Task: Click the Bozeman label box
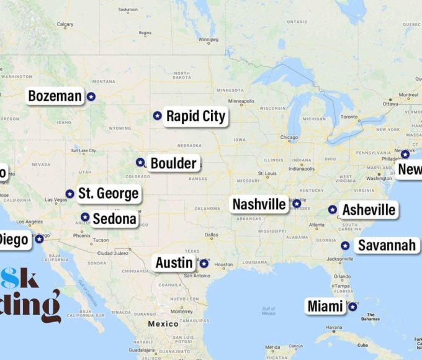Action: coord(55,96)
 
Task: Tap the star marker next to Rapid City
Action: coord(157,115)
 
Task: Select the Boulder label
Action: coord(173,163)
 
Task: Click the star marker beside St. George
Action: coord(70,194)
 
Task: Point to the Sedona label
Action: coord(114,218)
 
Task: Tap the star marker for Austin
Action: coord(204,264)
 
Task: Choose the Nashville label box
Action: coord(259,204)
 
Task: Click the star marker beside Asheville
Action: coord(333,210)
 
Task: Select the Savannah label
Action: coord(387,246)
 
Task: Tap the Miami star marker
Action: coord(352,307)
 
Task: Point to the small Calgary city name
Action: coord(65,25)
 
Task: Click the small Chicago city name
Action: coord(289,138)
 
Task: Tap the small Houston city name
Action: coord(223,265)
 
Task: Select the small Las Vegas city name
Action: coord(56,200)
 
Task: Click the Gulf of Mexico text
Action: coord(269,311)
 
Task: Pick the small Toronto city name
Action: coord(349,117)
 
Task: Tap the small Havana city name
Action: coord(334,328)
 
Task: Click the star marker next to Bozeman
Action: coord(91,96)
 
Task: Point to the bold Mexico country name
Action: coord(163,324)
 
